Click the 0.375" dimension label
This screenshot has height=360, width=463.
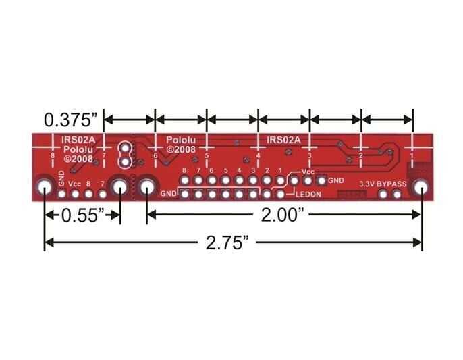click(71, 120)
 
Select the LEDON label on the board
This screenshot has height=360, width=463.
click(310, 195)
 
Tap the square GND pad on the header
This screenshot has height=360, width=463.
click(321, 180)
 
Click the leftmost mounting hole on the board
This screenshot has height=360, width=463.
click(45, 188)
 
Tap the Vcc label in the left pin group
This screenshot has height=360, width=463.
click(75, 183)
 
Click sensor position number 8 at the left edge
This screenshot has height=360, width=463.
click(53, 156)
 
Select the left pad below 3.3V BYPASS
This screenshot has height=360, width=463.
click(384, 195)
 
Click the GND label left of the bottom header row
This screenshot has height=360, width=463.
click(169, 195)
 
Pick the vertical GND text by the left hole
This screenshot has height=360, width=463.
click(61, 181)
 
